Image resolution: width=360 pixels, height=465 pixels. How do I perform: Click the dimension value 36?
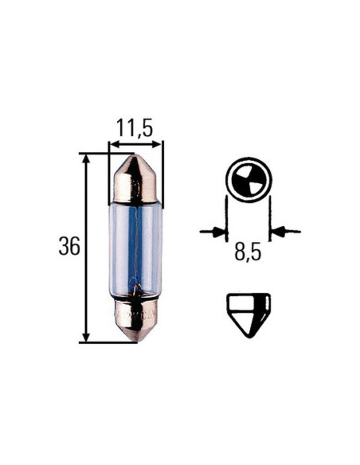pyautogui.click(x=69, y=247)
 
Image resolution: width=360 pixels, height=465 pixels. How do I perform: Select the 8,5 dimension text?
pyautogui.click(x=248, y=254)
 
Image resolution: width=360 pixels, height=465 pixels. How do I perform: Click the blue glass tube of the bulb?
pyautogui.click(x=135, y=247)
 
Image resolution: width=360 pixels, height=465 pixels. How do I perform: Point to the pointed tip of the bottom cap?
pyautogui.click(x=135, y=340)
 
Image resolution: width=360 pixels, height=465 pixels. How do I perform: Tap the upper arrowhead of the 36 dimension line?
pyautogui.click(x=86, y=160)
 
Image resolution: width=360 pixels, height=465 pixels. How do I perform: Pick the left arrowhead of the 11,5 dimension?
pyautogui.click(x=114, y=146)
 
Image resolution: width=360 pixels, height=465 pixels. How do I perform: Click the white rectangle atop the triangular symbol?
pyautogui.click(x=248, y=300)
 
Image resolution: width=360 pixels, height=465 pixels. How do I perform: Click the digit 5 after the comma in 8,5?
pyautogui.click(x=257, y=254)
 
